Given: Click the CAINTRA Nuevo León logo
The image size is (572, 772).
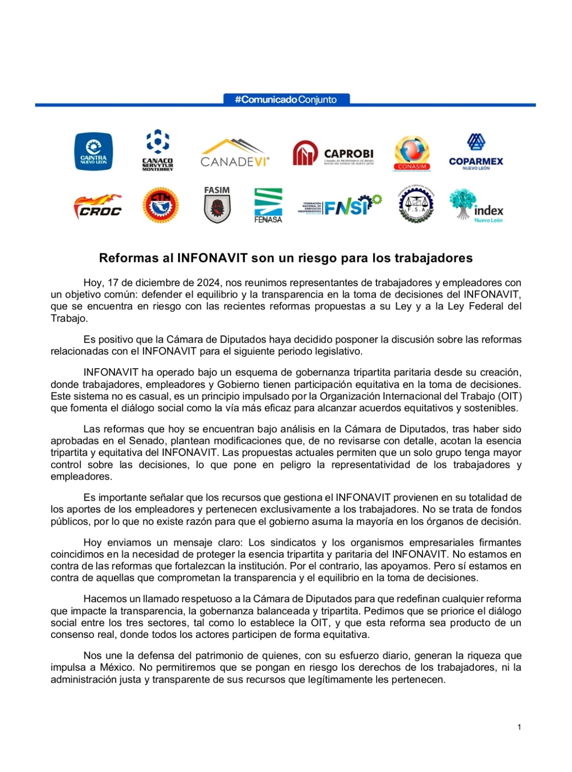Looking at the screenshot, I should tap(93, 152).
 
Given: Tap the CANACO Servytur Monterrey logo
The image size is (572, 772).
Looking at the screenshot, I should tap(157, 150).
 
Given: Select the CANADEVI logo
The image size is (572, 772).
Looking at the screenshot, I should tap(235, 153).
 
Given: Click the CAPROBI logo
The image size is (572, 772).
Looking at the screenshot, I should tap(333, 153).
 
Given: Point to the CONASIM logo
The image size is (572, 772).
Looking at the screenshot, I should tap(412, 153).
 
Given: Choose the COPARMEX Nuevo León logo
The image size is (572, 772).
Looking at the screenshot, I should tap(476, 152).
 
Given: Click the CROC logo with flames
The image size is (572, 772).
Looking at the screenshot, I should tap(98, 206).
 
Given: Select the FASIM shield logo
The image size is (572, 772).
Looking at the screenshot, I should tap(217, 205).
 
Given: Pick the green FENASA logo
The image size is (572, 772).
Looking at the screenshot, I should tap(268, 206).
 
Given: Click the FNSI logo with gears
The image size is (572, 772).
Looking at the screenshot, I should tap(340, 206).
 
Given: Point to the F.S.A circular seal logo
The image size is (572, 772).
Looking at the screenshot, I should tap(416, 205).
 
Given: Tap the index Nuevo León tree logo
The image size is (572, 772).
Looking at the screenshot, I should tap(476, 206).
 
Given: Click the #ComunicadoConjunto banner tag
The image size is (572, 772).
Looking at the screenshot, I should tap(286, 99).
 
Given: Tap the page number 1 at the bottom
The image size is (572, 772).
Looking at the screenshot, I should tap(519, 727).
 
